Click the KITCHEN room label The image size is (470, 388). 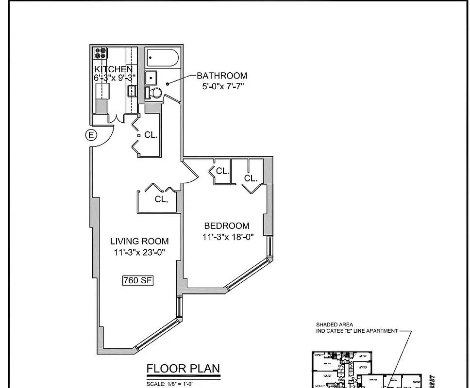tap(113, 69)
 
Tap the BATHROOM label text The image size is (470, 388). tap(222, 76)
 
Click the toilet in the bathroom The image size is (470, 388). tap(155, 93)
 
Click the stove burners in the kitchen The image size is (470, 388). tap(101, 53)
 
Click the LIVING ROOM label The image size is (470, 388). tap(139, 241)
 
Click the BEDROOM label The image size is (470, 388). tap(227, 226)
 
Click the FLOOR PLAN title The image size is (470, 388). tap(184, 369)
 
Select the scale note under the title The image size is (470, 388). tap(170, 384)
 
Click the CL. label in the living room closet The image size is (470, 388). tap(161, 199)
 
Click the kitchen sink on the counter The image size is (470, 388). tap(132, 90)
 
